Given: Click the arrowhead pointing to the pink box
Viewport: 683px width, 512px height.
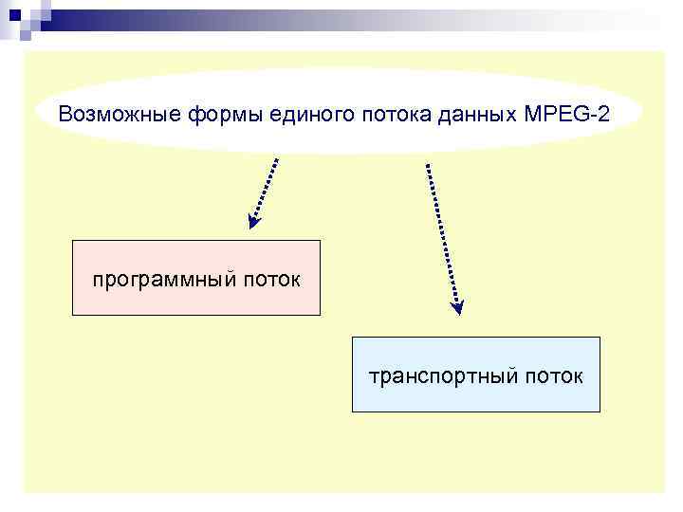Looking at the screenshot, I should pyautogui.click(x=254, y=222).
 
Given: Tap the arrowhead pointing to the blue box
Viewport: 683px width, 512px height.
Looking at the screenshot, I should pyautogui.click(x=458, y=306).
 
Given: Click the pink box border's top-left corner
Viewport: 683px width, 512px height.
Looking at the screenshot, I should pyautogui.click(x=73, y=241).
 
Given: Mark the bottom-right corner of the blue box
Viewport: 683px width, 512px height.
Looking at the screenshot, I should pyautogui.click(x=600, y=411).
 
